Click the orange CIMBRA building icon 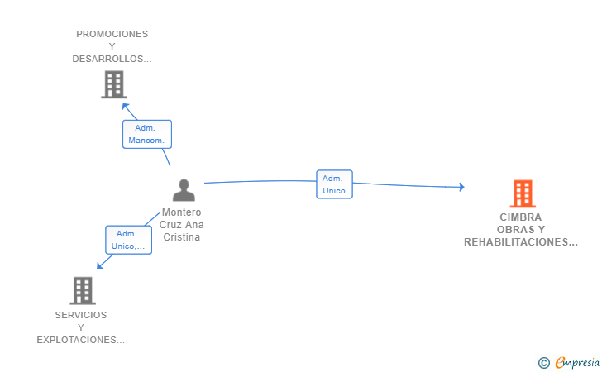523,193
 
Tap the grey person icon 184,190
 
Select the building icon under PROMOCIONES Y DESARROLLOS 114,84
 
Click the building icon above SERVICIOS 83,291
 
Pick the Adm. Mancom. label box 147,134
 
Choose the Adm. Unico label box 334,184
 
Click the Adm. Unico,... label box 129,240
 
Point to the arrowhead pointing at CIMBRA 462,187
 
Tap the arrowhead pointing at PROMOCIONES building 125,107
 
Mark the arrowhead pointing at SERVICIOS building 100,265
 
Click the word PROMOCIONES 112,34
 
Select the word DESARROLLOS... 107,59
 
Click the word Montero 182,212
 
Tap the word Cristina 182,237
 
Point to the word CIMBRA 521,217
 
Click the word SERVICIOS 81,315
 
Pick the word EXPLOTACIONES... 77,340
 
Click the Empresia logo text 577,362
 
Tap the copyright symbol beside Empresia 543,363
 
